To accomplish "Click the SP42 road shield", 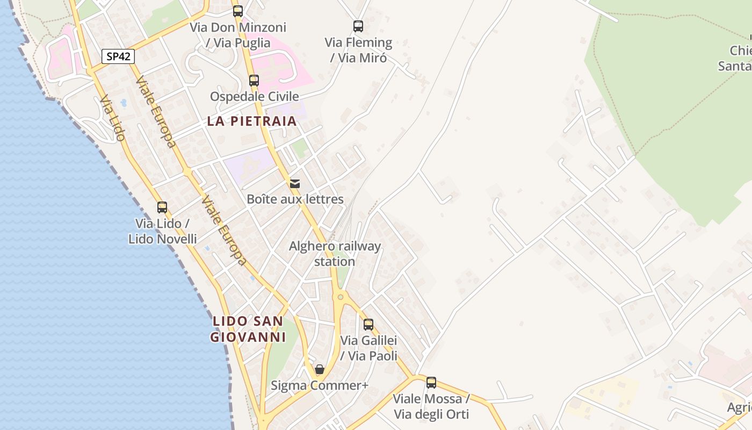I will click(118, 56).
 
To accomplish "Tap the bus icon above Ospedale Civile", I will click(254, 81).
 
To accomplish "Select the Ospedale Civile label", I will click(254, 96).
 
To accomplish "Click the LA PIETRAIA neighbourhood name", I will click(252, 121).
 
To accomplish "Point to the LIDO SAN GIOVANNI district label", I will click(248, 329).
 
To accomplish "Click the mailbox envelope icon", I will click(295, 184).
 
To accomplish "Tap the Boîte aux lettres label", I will click(295, 199).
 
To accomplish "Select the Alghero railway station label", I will click(335, 254).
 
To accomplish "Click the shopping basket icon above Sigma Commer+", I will click(320, 369).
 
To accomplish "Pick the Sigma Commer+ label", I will click(319, 385).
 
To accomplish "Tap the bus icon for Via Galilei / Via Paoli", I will click(368, 325).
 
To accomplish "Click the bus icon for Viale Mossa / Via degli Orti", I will click(431, 383).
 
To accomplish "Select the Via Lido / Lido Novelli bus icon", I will click(162, 207).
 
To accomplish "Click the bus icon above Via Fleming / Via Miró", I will click(358, 26).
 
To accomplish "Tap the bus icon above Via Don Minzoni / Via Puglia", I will click(238, 11).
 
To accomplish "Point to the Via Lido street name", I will click(112, 118).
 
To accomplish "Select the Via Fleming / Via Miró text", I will click(358, 50).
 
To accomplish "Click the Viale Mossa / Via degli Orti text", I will click(431, 406).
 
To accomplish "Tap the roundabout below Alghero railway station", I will click(340, 296).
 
